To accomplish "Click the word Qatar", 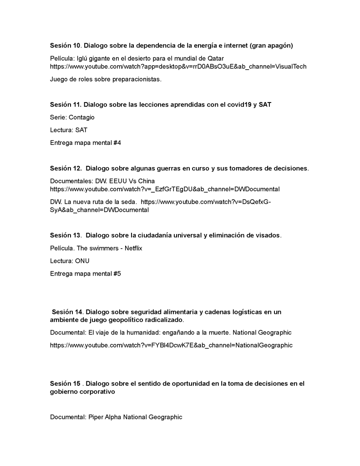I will (215, 58).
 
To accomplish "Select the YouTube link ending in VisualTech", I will (178, 67).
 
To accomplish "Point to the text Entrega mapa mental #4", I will (85, 143).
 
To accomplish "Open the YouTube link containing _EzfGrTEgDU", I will (164, 189).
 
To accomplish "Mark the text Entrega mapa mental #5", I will (85, 274).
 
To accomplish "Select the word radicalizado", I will (157, 320).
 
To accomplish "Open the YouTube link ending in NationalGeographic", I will (171, 345).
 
